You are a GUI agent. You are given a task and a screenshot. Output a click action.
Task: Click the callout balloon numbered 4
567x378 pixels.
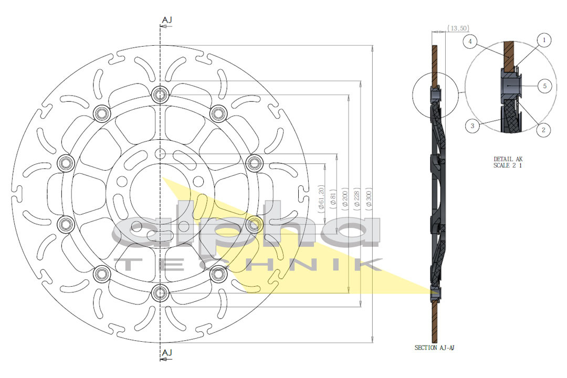[x=470, y=41]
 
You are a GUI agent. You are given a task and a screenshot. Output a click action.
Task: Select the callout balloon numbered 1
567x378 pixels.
[x=544, y=40]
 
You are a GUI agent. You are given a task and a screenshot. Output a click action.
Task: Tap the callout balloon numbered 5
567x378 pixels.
[x=544, y=86]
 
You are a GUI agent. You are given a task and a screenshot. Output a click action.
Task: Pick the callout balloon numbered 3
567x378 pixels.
[x=472, y=126]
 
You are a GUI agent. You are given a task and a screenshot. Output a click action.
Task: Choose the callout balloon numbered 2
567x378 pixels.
[x=543, y=130]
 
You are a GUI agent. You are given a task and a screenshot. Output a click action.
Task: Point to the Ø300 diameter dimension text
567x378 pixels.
[x=369, y=197]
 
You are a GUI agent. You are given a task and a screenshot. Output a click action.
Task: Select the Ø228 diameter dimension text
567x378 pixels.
[x=357, y=197]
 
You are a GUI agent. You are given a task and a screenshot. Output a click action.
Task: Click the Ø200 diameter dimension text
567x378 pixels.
[x=345, y=197]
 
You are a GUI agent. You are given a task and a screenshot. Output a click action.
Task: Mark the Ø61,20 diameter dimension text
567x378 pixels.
[x=321, y=197]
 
